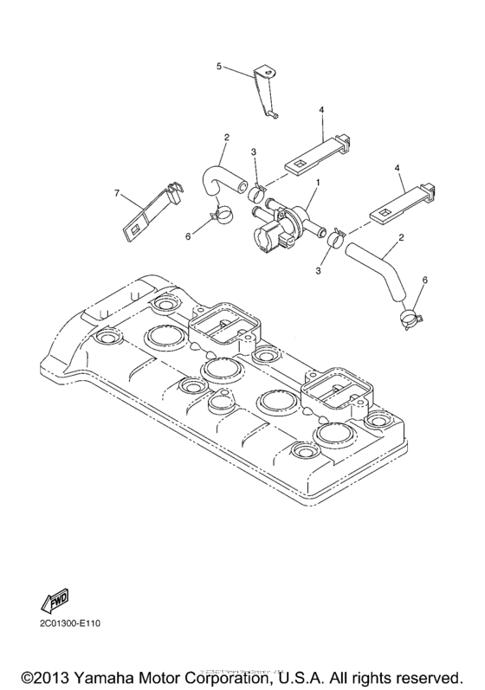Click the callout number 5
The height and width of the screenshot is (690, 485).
(x=219, y=66)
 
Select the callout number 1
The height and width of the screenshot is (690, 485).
(x=318, y=183)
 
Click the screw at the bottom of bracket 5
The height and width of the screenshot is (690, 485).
(x=272, y=113)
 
